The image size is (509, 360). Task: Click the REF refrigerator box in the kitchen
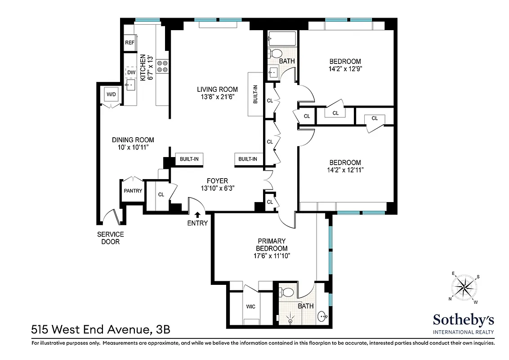click(x=130, y=43)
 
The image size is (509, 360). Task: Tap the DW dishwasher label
click(x=131, y=72)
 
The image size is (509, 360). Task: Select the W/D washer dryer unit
click(x=111, y=94)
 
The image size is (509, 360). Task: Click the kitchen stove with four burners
click(x=162, y=67)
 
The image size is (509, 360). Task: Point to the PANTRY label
click(x=133, y=191)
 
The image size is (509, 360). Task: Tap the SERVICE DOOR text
click(x=111, y=238)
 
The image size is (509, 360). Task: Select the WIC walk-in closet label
click(x=251, y=306)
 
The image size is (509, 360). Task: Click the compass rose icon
click(x=464, y=288)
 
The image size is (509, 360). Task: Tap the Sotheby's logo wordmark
click(x=464, y=320)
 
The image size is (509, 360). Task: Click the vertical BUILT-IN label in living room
click(x=255, y=95)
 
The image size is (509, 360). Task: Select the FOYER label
click(x=217, y=181)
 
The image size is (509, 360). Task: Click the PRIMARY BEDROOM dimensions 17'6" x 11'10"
click(x=272, y=256)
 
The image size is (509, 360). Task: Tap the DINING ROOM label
click(x=133, y=139)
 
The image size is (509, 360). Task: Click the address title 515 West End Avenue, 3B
click(x=101, y=330)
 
